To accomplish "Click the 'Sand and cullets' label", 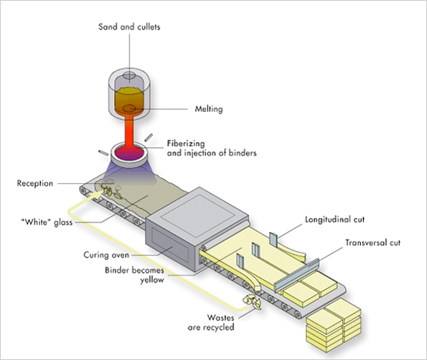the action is point(130,27).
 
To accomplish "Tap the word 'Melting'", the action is point(208,109).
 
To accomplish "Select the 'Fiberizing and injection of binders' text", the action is point(211,148).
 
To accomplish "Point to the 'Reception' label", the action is point(35,183).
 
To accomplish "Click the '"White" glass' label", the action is point(47,222).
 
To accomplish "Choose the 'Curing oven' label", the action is point(106,255).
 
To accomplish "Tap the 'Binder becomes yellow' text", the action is point(135,275).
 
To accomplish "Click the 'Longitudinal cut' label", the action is point(335,219).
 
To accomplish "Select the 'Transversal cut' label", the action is point(373,243).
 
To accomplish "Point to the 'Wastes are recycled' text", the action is point(211,322).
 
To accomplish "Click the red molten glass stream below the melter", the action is point(129,130).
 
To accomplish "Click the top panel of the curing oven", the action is point(198,208).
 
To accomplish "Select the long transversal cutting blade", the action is point(297,275).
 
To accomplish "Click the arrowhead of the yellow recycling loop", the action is point(99,193).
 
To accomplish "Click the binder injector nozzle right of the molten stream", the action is point(149,138).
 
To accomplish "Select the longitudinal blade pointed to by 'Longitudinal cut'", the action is point(273,239).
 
